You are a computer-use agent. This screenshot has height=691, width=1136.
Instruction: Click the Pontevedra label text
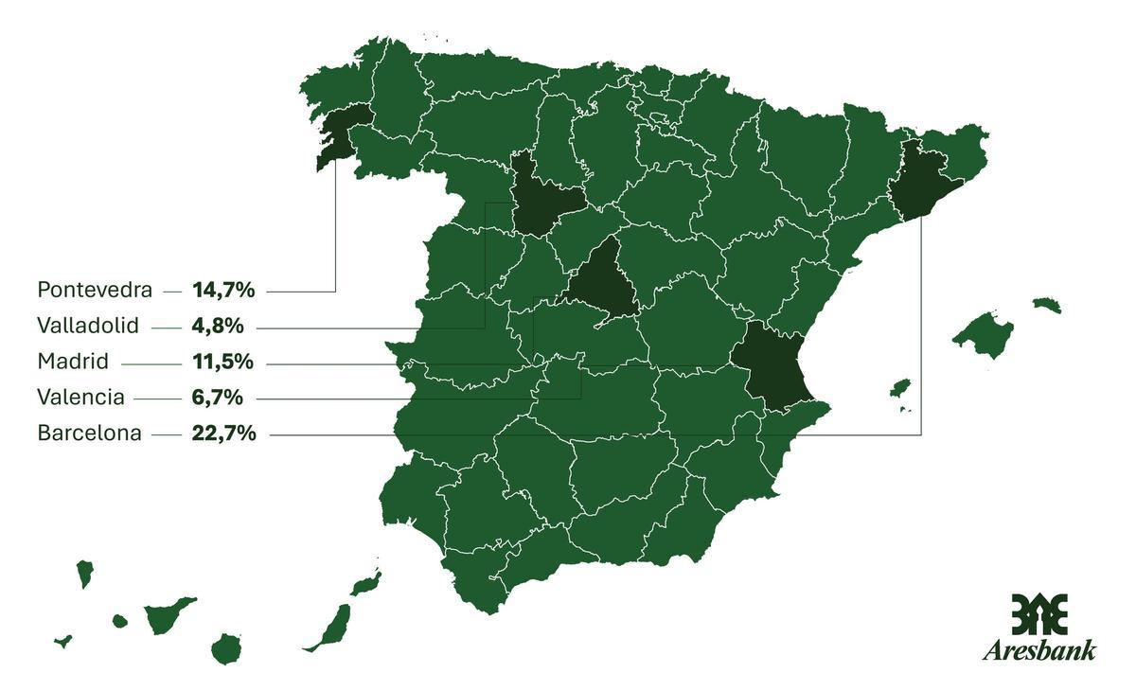click(95, 290)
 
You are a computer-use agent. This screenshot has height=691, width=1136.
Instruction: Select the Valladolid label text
click(88, 327)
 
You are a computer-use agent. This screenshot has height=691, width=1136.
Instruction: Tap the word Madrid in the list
click(73, 362)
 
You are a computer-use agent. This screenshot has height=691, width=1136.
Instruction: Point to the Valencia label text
click(80, 398)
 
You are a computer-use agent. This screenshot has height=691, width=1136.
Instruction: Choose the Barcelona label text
click(89, 434)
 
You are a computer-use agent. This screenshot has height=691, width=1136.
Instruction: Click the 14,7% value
click(223, 290)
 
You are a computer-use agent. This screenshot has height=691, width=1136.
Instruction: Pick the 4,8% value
click(218, 327)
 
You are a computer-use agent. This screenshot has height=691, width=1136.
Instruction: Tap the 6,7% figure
click(218, 398)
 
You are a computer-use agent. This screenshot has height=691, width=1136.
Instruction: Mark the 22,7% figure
click(223, 434)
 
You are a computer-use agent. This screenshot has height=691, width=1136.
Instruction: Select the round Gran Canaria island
click(226, 649)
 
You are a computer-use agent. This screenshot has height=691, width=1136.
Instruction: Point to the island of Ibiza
click(900, 388)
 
